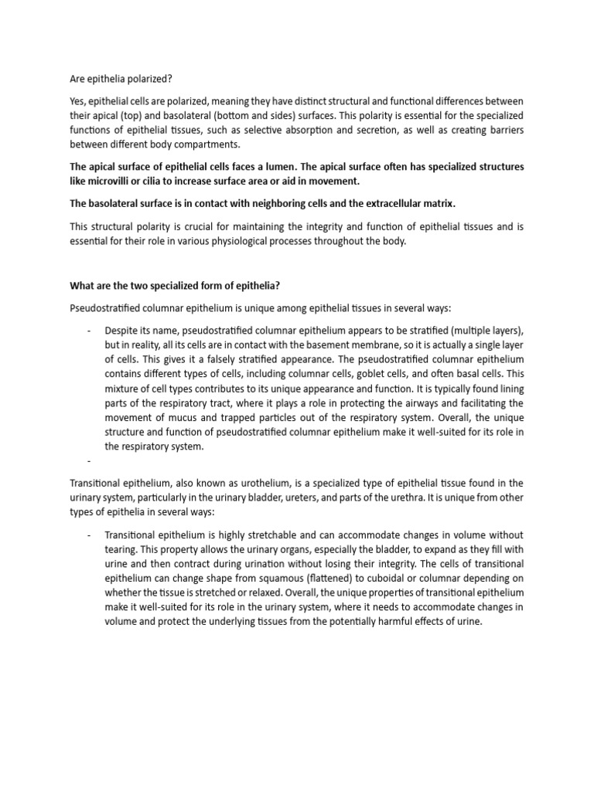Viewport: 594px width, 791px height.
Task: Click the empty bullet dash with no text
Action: (90, 461)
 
